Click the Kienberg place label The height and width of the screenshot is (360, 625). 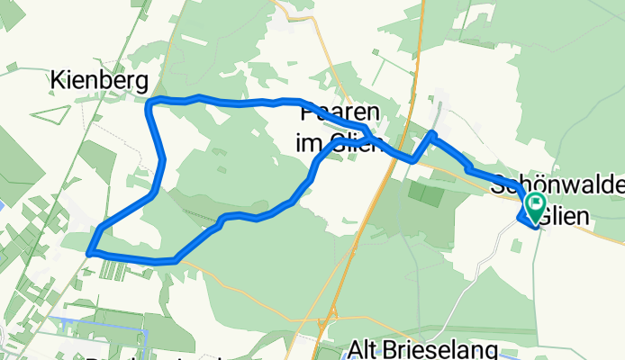tap(99, 82)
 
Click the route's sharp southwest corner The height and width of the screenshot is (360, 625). tap(90, 254)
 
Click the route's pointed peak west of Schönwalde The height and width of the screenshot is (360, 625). tap(432, 135)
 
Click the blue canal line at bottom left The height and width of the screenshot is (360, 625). tap(99, 316)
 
